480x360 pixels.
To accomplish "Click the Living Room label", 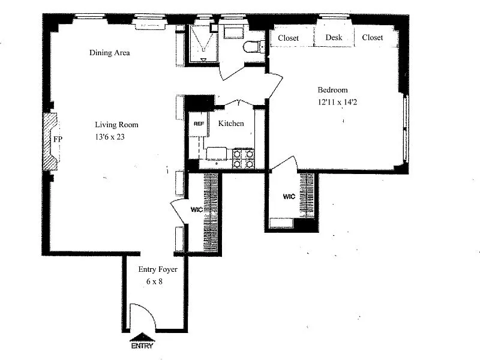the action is [116, 125].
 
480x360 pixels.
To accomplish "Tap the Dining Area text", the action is [109, 53].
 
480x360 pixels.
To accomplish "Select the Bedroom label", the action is [332, 90].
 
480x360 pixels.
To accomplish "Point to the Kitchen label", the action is [231, 124].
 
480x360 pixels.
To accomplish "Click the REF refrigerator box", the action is [199, 124].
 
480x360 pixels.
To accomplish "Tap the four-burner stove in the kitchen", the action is [244, 158].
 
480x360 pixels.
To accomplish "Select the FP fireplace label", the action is [58, 139].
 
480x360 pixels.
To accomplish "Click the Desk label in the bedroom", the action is [334, 37].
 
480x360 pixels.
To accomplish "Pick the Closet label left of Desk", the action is [288, 38].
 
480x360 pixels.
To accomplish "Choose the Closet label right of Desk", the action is [372, 37].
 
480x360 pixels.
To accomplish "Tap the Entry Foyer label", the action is [158, 269].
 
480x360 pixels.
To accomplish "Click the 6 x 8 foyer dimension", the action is [154, 281].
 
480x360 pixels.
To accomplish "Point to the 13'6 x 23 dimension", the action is [110, 137].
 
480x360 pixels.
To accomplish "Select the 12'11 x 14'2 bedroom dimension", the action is [337, 102].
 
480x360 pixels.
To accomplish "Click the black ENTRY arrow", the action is [142, 337].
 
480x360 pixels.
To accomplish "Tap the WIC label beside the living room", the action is [197, 209].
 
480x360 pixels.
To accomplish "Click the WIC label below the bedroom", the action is [289, 196].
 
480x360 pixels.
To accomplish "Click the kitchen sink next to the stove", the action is [217, 154].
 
